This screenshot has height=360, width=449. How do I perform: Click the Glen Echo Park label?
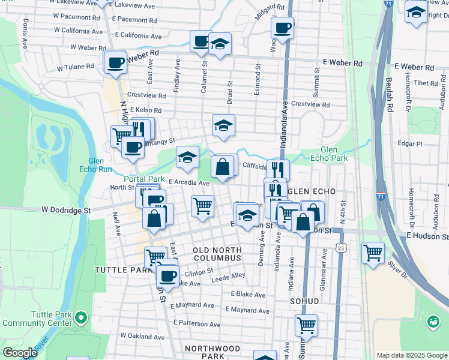(334, 154)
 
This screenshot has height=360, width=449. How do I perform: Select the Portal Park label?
(144, 179)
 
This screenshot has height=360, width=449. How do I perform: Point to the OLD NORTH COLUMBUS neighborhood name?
(217, 253)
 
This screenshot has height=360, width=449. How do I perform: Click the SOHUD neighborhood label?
(304, 300)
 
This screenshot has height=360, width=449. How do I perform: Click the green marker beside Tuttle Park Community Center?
(82, 316)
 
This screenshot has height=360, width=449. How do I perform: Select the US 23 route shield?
(342, 247)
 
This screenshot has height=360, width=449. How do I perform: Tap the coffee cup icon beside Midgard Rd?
(282, 27)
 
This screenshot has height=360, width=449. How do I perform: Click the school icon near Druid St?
(223, 126)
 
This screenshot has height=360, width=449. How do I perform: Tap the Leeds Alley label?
(229, 275)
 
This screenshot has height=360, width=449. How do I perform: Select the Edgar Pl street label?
(411, 144)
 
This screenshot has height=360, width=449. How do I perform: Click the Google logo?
(20, 353)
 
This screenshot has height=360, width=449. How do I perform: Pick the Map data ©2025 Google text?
(411, 355)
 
